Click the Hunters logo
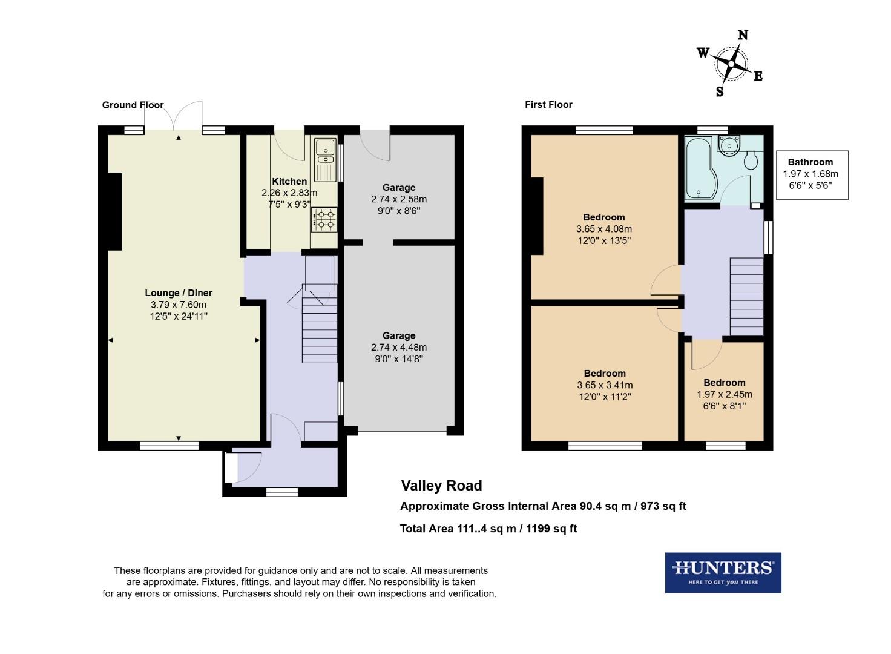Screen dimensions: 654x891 tap(723, 572)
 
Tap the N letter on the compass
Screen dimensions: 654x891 tap(743, 35)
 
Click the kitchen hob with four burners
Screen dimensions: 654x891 tap(324, 219)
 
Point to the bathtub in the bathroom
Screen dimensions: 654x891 tap(700, 168)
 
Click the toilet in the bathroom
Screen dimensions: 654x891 tap(751, 160)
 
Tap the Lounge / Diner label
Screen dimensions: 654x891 tap(179, 293)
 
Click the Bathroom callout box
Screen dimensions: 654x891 tap(812, 174)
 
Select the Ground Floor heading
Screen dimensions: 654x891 tap(133, 105)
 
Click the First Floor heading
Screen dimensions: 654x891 tap(548, 105)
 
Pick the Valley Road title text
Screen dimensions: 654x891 tap(441, 486)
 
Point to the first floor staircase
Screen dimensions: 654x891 tap(746, 296)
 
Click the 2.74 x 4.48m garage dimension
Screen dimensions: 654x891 tap(399, 348)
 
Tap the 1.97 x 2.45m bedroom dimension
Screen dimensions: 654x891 tap(725, 394)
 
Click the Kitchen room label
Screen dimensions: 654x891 tap(289, 181)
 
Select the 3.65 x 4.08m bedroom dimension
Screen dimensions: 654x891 tap(604, 229)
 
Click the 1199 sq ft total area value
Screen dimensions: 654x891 tap(551, 529)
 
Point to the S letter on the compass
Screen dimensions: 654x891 tap(720, 91)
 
